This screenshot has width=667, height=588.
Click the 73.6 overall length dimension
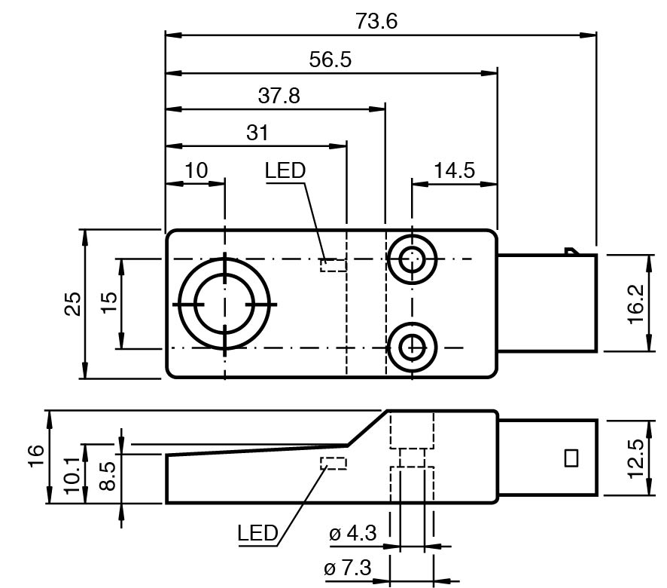pos(376,21)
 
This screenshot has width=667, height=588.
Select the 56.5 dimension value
pos(330,60)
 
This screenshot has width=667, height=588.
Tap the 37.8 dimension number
pos(279,96)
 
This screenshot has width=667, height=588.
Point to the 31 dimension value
pos(257,133)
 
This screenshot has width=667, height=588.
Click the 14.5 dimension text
pos(454,170)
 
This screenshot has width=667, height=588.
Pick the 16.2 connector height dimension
pos(635,303)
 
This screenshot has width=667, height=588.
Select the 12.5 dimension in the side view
pos(635,458)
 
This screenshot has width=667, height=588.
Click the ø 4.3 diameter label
pos(352,534)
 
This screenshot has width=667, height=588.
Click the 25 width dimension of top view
pos(73,304)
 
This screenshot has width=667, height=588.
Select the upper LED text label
pos(285,170)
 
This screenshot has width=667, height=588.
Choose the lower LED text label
pos(257,534)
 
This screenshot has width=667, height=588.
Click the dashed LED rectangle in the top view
pos(333,265)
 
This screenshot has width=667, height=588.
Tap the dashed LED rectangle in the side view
pos(333,463)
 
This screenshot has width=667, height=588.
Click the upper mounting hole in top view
pos(412,260)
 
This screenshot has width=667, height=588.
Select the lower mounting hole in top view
pos(412,348)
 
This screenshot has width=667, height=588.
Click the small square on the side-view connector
pos(571,458)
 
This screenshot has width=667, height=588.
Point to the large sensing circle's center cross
pos(224,304)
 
